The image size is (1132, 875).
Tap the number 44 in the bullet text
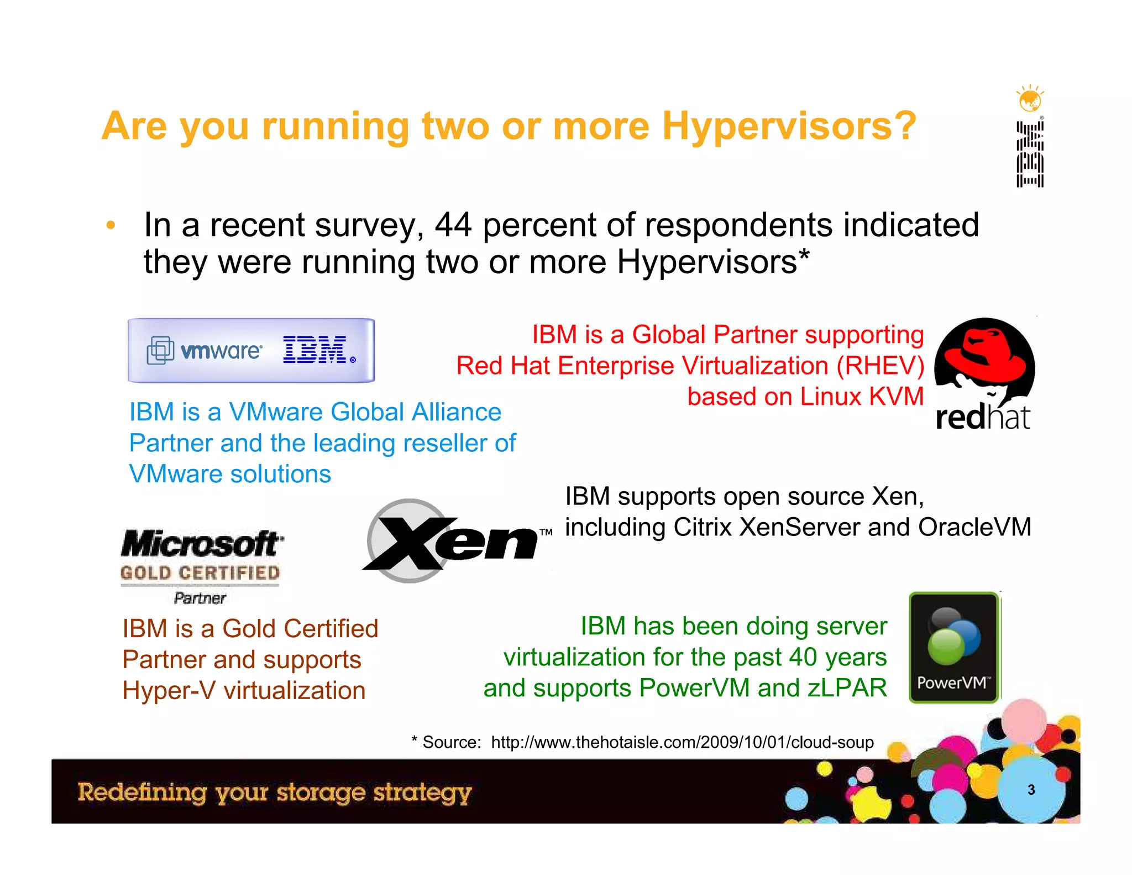pyautogui.click(x=453, y=225)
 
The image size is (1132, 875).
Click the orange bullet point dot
pyautogui.click(x=111, y=225)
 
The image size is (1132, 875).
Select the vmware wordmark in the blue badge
pyautogui.click(x=221, y=351)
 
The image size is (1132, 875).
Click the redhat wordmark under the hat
pyautogui.click(x=983, y=418)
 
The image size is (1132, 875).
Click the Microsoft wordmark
pyautogui.click(x=202, y=544)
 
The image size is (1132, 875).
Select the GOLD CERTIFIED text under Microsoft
pyautogui.click(x=200, y=573)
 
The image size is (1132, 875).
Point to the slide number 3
pyautogui.click(x=1031, y=790)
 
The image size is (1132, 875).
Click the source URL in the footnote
pyautogui.click(x=682, y=742)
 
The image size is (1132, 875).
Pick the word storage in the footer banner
pyautogui.click(x=321, y=793)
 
